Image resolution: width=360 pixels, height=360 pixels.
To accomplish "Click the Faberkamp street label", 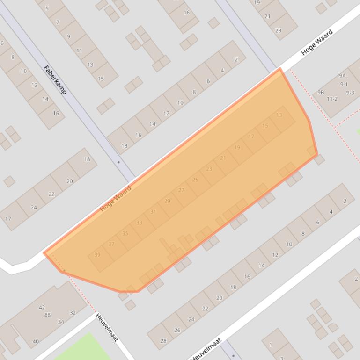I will click(x=55, y=79).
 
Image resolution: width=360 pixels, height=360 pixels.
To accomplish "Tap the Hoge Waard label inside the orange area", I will click(x=116, y=199).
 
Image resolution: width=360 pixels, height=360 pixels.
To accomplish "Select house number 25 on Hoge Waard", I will click(x=195, y=180).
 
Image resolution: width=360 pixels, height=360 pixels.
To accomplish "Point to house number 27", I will click(x=181, y=190).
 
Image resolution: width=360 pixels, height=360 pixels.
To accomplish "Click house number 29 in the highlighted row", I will click(x=167, y=201).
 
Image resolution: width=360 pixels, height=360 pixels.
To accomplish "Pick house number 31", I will click(x=153, y=212).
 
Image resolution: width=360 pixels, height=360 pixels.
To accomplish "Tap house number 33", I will click(x=139, y=223).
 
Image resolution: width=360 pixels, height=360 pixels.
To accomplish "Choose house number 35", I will click(x=125, y=233).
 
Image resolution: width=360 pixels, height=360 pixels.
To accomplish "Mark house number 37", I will click(x=111, y=244).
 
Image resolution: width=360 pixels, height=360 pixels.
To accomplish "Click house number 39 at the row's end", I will click(x=97, y=255).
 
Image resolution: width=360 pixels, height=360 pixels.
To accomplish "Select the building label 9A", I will click(x=343, y=76).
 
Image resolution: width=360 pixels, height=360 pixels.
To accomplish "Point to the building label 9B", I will click(x=321, y=93).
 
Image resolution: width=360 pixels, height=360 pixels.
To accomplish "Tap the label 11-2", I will click(x=332, y=99).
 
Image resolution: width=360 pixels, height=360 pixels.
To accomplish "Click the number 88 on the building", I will click(x=48, y=315).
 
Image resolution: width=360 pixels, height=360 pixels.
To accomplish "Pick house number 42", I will click(x=42, y=307).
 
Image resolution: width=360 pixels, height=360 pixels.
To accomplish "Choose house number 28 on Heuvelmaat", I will click(x=163, y=341).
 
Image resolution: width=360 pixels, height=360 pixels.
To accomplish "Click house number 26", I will click(x=177, y=330).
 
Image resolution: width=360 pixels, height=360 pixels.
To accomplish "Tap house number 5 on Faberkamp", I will click(x=47, y=8).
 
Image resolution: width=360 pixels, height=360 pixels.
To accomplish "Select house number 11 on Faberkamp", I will click(x=79, y=50).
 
